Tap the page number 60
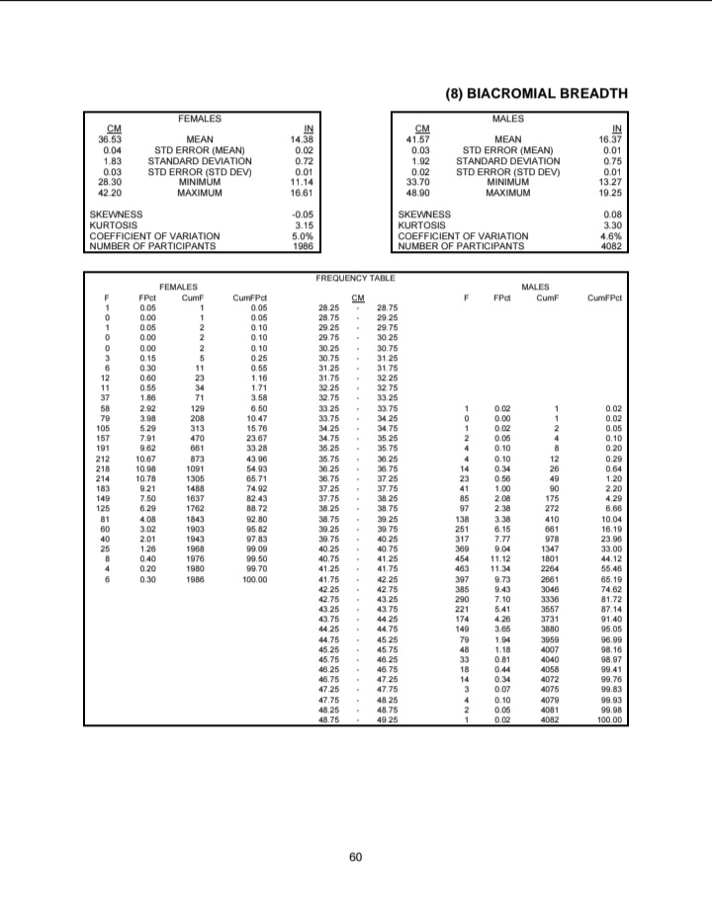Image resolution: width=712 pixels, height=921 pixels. tap(355, 856)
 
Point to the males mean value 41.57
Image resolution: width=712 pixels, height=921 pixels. tap(422, 140)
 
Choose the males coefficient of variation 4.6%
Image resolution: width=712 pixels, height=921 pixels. tap(610, 235)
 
